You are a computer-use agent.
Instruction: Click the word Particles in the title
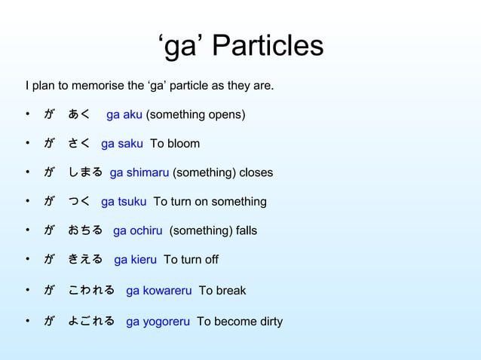click(268, 47)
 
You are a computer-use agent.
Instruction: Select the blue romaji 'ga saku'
click(121, 143)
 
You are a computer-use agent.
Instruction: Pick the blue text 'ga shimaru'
click(139, 172)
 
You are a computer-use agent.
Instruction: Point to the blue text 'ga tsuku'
click(124, 201)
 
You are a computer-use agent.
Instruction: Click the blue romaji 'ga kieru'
click(136, 259)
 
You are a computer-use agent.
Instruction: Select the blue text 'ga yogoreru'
click(158, 322)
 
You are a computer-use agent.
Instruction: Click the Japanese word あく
click(79, 114)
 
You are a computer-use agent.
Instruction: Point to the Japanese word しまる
click(85, 172)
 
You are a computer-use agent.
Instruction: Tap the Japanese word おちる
click(85, 230)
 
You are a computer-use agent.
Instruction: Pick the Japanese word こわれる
click(91, 291)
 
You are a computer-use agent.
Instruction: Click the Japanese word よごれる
click(91, 322)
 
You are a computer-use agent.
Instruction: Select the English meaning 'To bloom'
click(175, 143)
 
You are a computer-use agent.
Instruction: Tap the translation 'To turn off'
click(191, 259)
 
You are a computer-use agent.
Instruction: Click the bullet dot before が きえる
click(26, 259)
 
